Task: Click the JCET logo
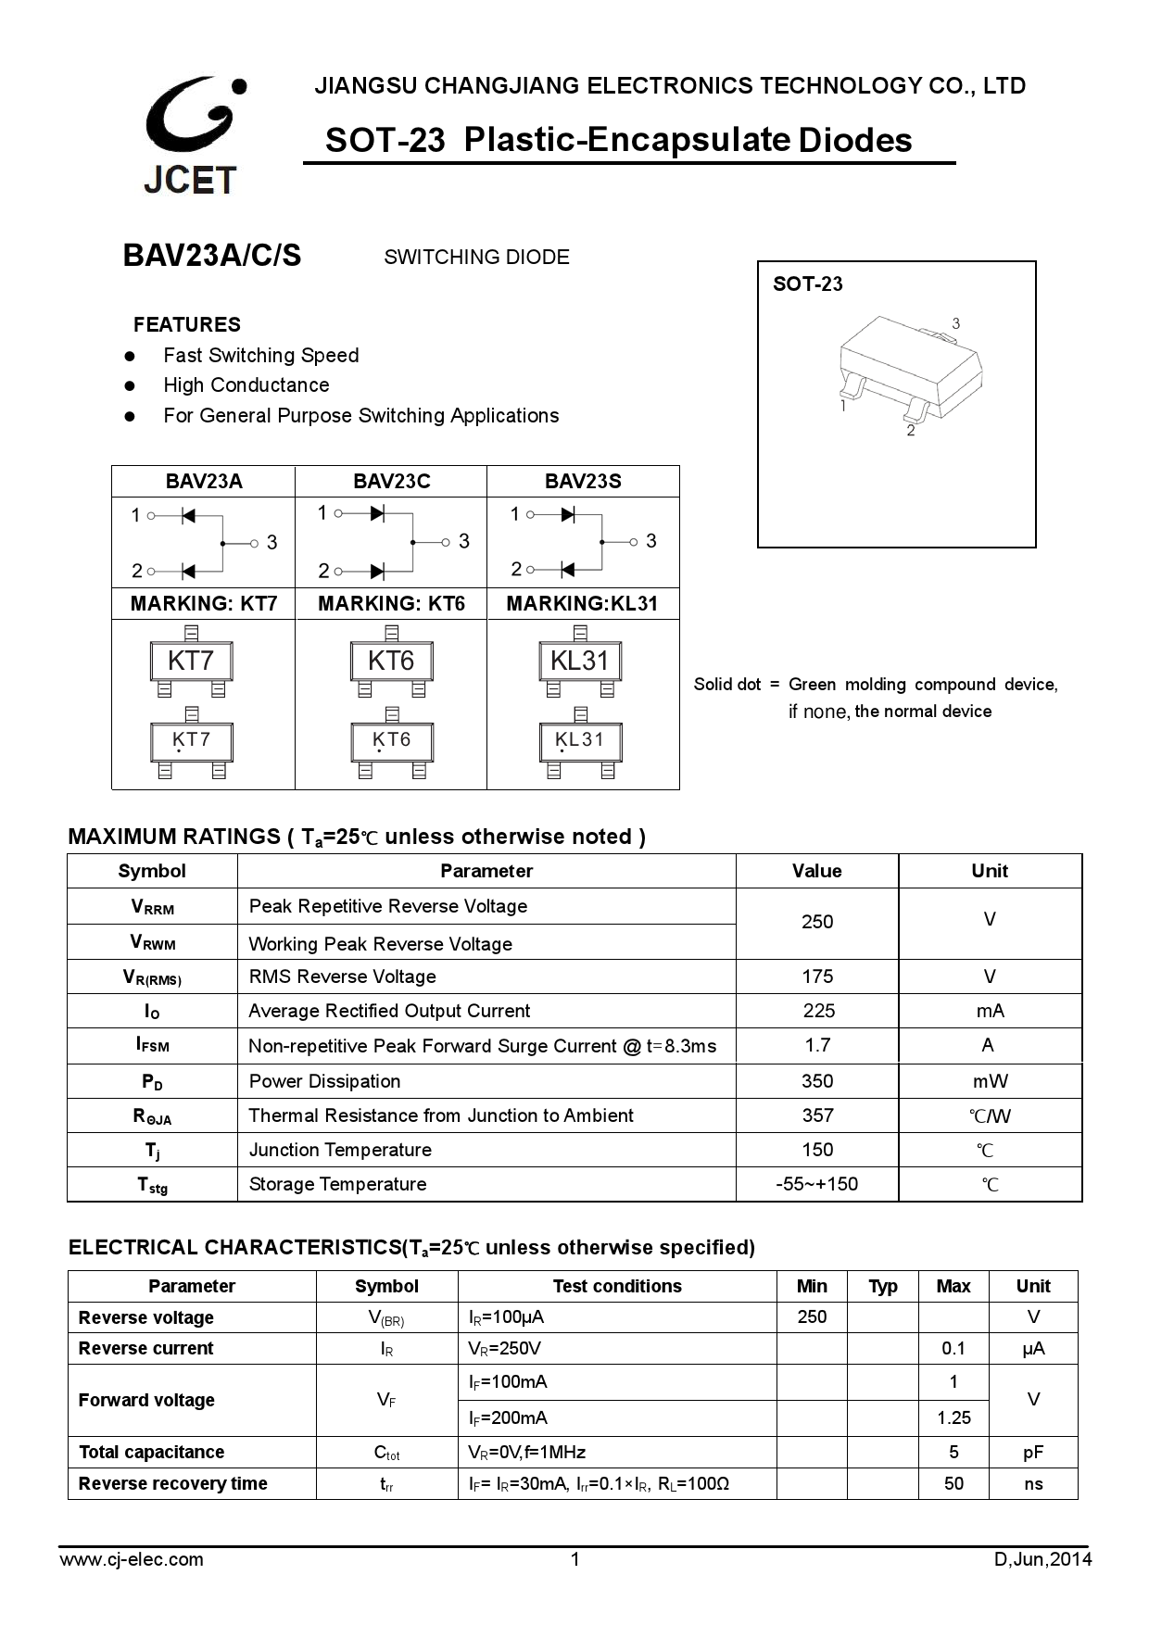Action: click(x=192, y=134)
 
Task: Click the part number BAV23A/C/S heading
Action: click(x=212, y=256)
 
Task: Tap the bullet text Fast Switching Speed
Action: click(x=260, y=355)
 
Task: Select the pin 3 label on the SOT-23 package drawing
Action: click(x=955, y=323)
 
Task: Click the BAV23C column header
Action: click(x=391, y=481)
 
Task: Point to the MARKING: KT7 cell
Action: click(x=204, y=603)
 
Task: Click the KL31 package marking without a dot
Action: click(x=579, y=661)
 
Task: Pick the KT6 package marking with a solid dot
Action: click(x=391, y=740)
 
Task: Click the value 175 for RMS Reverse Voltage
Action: click(x=817, y=976)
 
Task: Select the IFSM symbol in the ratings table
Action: click(x=152, y=1045)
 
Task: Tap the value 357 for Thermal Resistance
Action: click(x=817, y=1115)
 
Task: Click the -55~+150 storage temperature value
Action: click(x=816, y=1184)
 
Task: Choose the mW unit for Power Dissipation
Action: click(x=990, y=1081)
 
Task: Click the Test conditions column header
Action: click(x=617, y=1286)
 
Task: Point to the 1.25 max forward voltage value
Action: click(x=953, y=1417)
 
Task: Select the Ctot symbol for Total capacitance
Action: click(x=386, y=1453)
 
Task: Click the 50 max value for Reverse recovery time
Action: click(x=953, y=1483)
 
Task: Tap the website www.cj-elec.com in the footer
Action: click(x=132, y=1559)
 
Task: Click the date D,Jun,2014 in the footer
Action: click(x=1042, y=1559)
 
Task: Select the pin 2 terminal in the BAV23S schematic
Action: click(x=528, y=569)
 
